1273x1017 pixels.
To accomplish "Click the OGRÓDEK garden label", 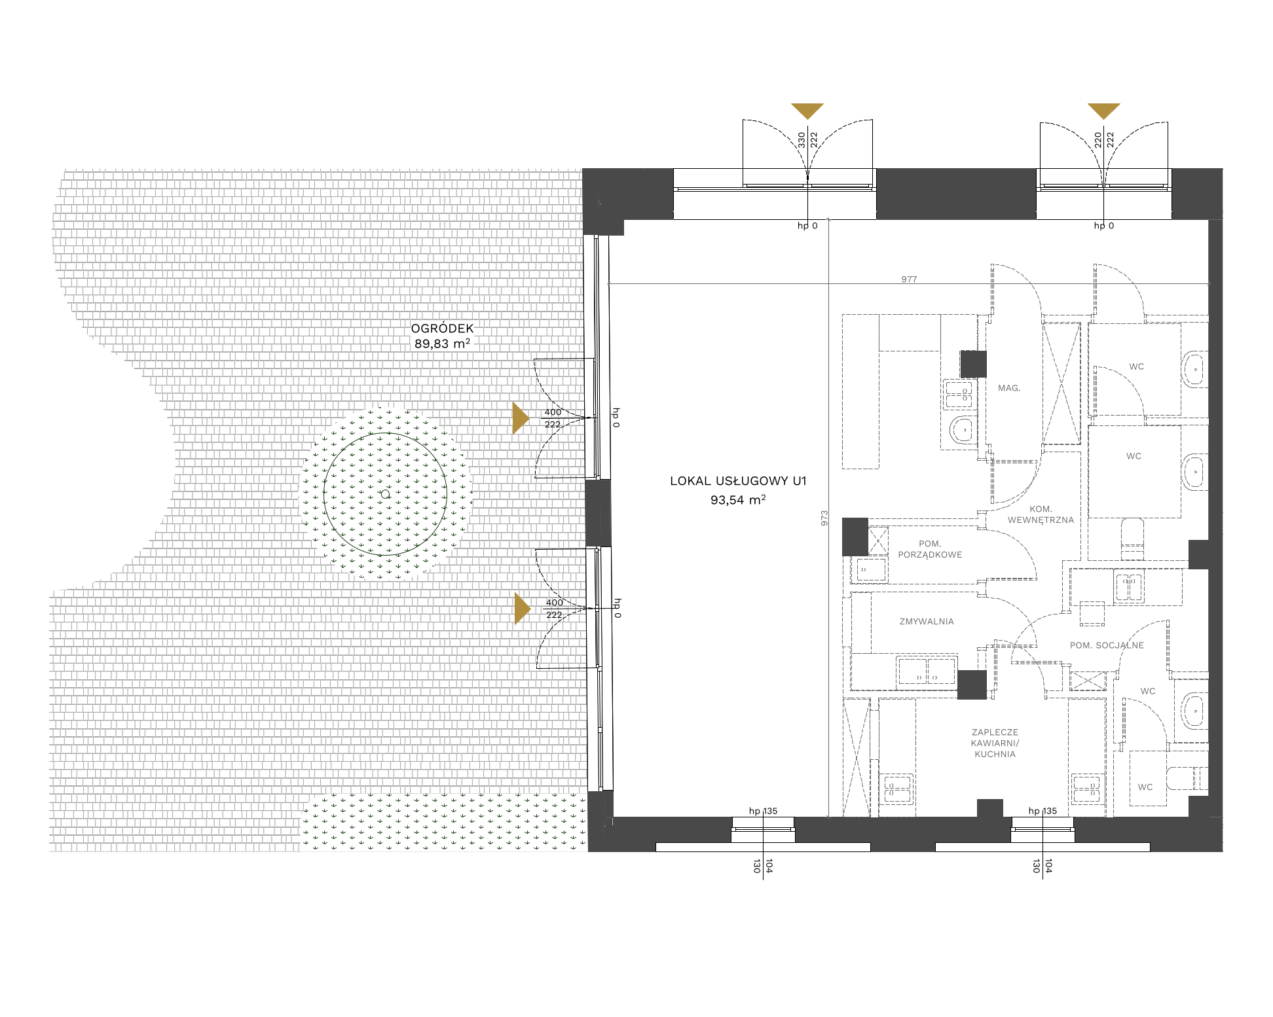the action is pos(442,328).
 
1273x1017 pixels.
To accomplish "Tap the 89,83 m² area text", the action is pos(442,344).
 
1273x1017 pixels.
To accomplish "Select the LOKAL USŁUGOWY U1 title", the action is pos(738,481).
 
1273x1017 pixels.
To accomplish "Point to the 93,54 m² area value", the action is pos(738,500).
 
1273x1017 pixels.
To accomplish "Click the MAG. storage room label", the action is pos(1009,388).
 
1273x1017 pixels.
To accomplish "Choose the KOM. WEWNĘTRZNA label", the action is pos(1041,514).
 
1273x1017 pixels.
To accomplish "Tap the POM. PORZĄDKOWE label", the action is pos(930,549).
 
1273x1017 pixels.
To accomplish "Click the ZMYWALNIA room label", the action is pos(927,622).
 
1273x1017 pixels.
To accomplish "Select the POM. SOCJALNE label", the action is pos(1107,645).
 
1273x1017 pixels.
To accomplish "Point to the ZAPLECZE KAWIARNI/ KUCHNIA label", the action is pos(995,743).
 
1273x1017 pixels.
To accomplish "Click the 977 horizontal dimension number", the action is pos(909,279).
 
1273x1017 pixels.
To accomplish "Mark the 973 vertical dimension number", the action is pos(824,518).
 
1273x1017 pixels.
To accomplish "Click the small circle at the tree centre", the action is pos(385,494).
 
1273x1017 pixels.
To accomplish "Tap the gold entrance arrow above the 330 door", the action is pos(807,110).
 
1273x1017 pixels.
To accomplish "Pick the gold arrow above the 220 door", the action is pos(1104,110).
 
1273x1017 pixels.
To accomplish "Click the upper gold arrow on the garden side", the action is pos(520,418).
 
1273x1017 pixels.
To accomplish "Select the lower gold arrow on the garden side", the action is pos(522,609).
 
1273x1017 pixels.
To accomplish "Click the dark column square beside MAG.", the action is pos(973,364).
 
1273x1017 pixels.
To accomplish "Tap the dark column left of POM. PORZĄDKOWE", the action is pos(855,537).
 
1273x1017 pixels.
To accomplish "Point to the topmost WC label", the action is pos(1137,366).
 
